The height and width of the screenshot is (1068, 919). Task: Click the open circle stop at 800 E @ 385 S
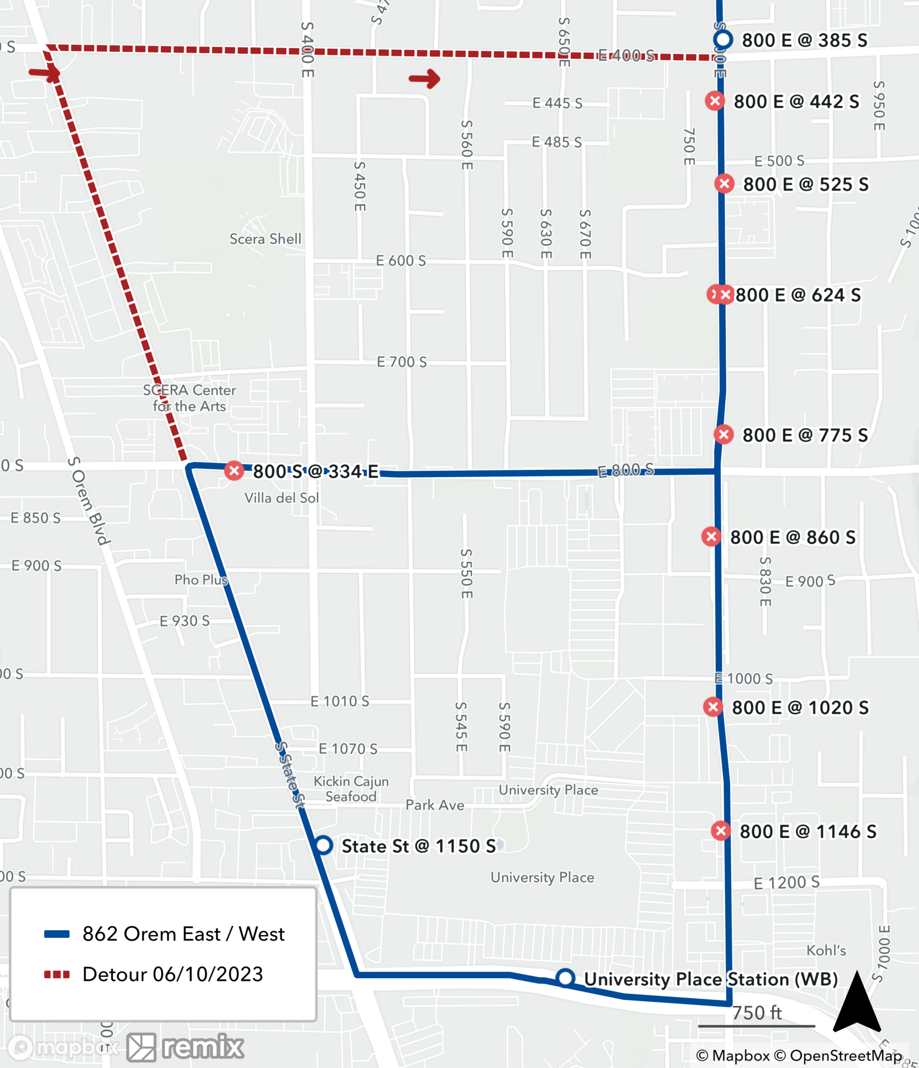pos(723,40)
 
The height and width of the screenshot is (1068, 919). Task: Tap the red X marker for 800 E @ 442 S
pos(714,101)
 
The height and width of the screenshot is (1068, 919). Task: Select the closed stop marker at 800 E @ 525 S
pos(724,184)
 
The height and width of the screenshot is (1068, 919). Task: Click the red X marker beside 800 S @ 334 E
pos(234,470)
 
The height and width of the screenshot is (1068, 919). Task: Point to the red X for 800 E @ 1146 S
pos(721,830)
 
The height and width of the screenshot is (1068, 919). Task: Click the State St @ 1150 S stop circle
pos(323,845)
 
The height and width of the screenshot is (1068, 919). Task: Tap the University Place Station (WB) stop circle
pos(565,978)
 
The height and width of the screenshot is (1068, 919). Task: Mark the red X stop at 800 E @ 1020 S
pos(713,707)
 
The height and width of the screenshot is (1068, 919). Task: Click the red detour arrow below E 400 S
pos(425,78)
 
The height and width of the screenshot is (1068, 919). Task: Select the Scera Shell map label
pos(265,239)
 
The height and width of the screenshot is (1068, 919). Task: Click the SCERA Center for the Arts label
pos(190,398)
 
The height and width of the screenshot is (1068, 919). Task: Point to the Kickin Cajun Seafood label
pos(351,789)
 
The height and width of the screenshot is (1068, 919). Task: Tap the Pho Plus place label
pos(201,579)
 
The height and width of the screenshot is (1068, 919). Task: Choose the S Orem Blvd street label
pos(89,500)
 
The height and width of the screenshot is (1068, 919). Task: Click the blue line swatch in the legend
pos(57,934)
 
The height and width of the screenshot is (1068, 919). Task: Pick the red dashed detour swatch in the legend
pos(57,975)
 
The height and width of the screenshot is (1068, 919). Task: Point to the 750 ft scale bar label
pos(757,1012)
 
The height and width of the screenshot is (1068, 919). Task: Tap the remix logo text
pos(203,1047)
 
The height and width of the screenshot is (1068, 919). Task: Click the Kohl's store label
pos(826,951)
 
